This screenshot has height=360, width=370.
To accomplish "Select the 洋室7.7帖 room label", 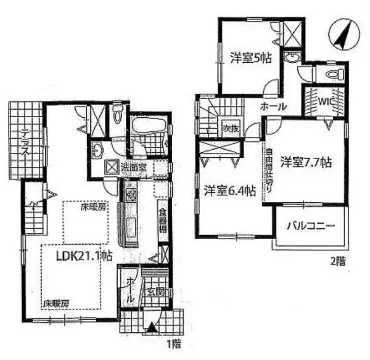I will (x=306, y=163).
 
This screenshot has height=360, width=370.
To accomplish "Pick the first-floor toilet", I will (x=117, y=115).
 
